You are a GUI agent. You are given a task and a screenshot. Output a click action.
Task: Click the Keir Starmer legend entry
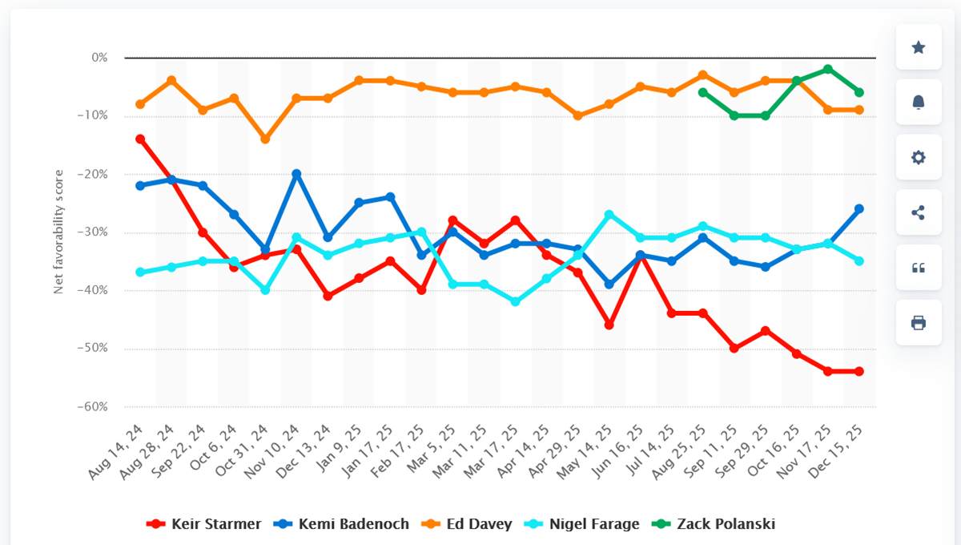coord(204,524)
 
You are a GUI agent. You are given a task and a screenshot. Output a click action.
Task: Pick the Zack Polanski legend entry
coord(716,524)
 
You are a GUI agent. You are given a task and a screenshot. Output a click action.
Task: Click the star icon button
coord(919,47)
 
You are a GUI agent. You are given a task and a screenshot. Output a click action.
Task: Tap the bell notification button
coord(919,102)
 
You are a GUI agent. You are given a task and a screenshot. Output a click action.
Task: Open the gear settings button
coord(919,157)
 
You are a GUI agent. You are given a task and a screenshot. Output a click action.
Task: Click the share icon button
coord(919,212)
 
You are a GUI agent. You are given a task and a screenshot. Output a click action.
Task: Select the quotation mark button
coord(919,268)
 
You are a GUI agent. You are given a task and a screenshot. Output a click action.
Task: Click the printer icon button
coord(919,323)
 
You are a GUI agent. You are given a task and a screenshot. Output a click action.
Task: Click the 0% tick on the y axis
coord(99,58)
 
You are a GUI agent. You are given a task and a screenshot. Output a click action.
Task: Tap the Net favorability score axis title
coord(58,232)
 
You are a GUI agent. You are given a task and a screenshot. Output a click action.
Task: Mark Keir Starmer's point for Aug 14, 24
coord(140,139)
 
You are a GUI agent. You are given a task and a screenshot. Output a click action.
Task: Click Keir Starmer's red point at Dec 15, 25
coord(859,371)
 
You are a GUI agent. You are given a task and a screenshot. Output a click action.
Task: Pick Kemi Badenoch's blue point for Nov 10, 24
coord(296,174)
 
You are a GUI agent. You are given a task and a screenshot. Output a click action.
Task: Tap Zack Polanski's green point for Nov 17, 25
coord(827,70)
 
